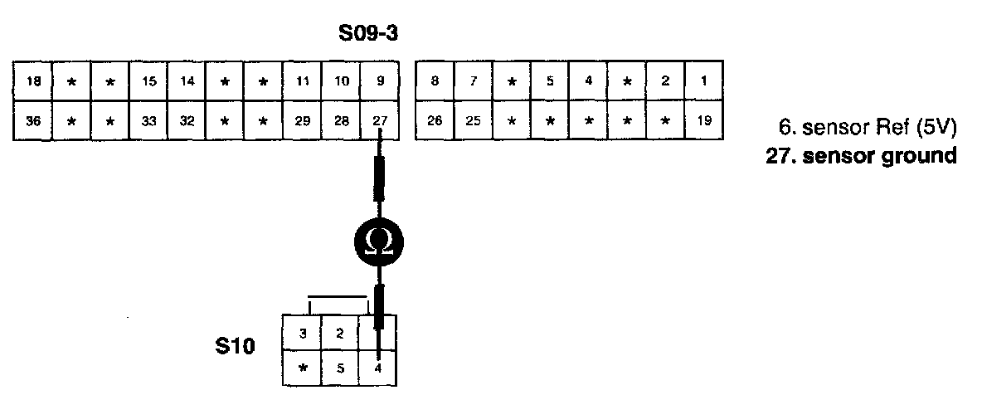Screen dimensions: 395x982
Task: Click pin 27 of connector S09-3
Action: [x=380, y=120]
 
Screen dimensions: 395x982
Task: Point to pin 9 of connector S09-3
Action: [x=380, y=81]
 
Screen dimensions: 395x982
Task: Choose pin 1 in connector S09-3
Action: [x=703, y=81]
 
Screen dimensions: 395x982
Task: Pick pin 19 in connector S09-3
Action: [x=703, y=120]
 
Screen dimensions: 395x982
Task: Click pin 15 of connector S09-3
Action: [x=148, y=81]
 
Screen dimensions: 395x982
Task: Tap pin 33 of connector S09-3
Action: [x=148, y=120]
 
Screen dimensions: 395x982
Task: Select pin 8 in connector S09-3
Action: [x=435, y=81]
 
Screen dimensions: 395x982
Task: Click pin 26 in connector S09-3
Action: [x=435, y=120]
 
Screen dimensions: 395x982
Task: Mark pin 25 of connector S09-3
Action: [x=473, y=120]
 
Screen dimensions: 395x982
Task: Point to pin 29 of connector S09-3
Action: [x=303, y=120]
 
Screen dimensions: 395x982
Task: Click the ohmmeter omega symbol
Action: [x=378, y=241]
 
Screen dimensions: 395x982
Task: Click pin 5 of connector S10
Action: [x=340, y=368]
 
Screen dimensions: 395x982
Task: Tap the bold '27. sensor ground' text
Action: [x=858, y=154]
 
